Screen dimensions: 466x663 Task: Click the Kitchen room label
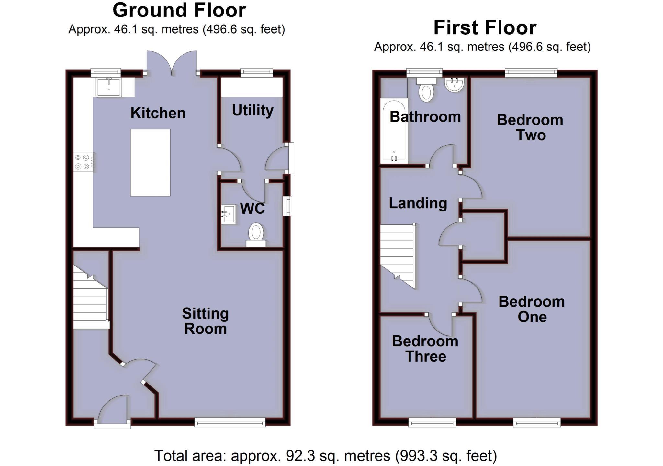point(158,113)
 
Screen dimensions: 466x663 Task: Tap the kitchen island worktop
point(150,163)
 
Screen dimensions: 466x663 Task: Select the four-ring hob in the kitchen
point(83,162)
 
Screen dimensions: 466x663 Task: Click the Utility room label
point(253,111)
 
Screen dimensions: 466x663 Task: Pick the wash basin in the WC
point(229,214)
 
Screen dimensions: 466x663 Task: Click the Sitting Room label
point(205,321)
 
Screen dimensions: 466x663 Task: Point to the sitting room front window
point(230,422)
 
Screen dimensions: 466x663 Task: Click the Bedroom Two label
point(530,127)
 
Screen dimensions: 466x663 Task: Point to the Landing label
point(418,203)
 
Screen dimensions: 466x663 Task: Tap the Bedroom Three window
point(432,422)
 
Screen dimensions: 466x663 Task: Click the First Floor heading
point(485,28)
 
